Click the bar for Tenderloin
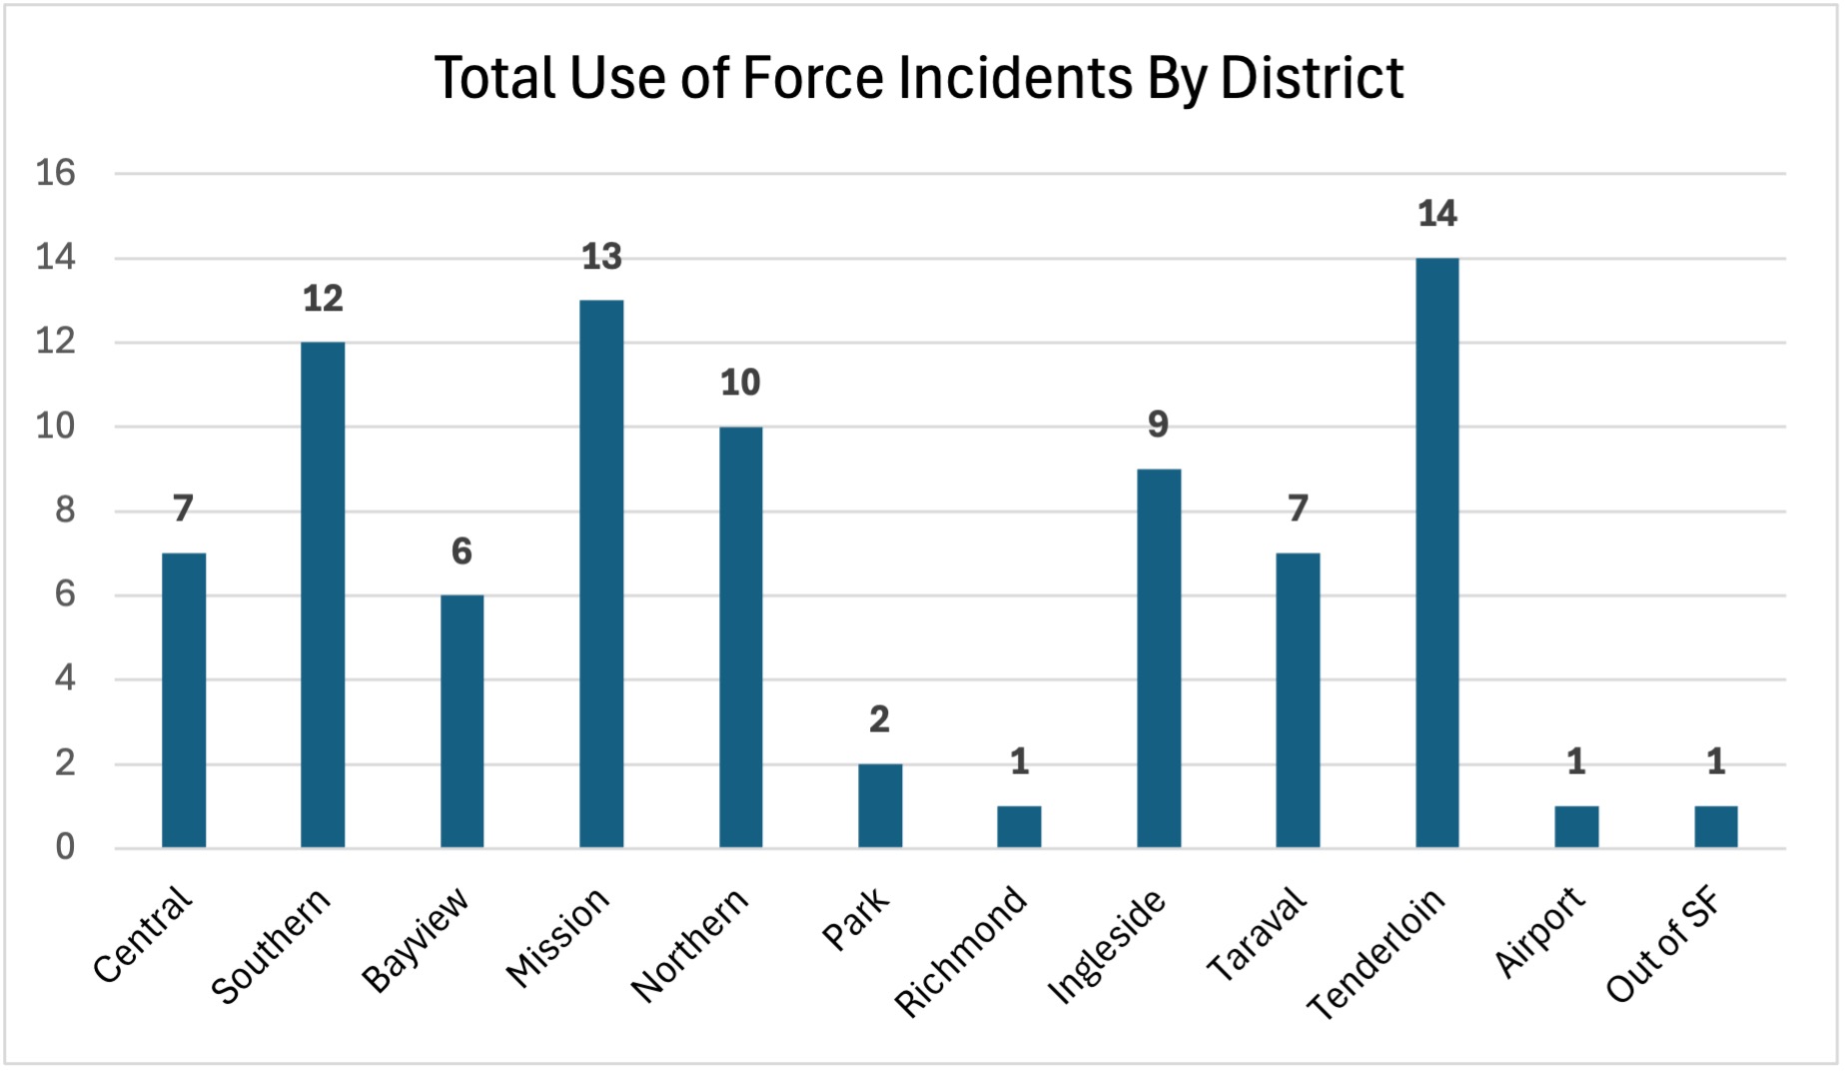[1436, 552]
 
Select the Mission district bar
[601, 573]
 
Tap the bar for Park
[879, 805]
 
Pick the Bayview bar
[461, 721]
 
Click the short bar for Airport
[1575, 826]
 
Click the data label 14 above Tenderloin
[1436, 214]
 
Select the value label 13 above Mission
[601, 257]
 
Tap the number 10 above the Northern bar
[740, 383]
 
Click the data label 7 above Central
[183, 509]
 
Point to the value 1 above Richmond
[1019, 762]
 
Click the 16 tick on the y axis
[56, 173]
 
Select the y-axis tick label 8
[65, 511]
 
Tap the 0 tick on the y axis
[65, 847]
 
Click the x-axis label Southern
[271, 945]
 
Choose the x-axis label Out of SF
[1663, 945]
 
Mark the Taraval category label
[1256, 934]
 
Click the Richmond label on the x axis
[960, 951]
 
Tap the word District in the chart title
[1312, 78]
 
